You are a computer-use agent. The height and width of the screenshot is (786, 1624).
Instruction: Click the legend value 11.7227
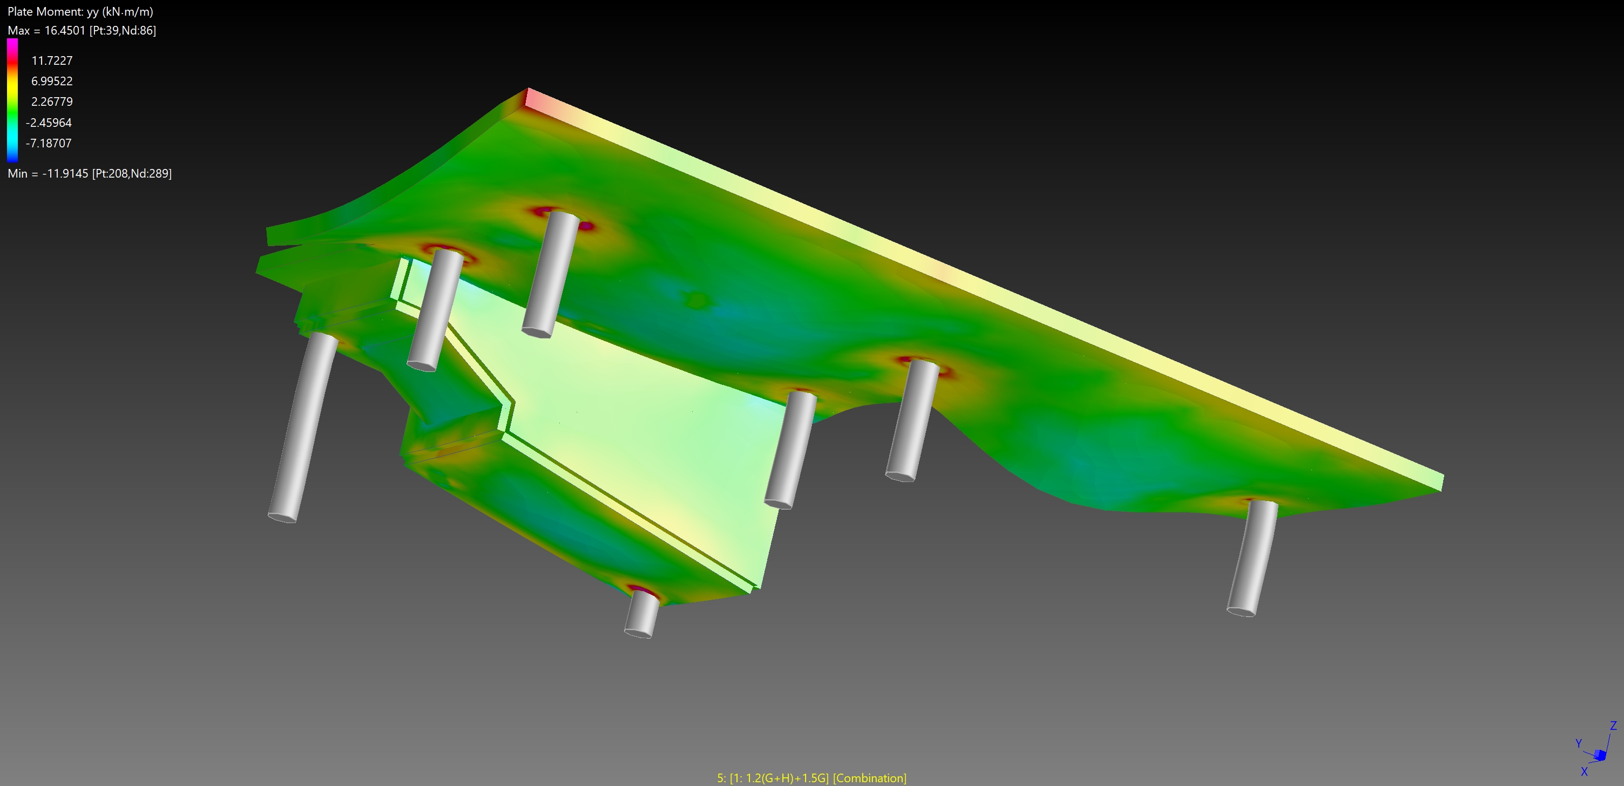pos(52,60)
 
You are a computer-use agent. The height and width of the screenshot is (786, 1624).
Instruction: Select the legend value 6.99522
pos(52,82)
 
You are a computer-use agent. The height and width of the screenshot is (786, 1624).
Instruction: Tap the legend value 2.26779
pos(52,101)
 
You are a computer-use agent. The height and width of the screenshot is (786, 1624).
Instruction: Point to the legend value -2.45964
pos(49,123)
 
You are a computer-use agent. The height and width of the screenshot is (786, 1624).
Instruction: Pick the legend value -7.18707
pos(49,143)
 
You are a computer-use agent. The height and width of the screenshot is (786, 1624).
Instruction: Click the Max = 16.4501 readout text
pos(82,30)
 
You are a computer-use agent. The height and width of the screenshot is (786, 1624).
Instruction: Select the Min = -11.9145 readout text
pos(90,173)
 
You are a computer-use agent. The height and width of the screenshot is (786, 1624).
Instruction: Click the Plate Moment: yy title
pos(80,11)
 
